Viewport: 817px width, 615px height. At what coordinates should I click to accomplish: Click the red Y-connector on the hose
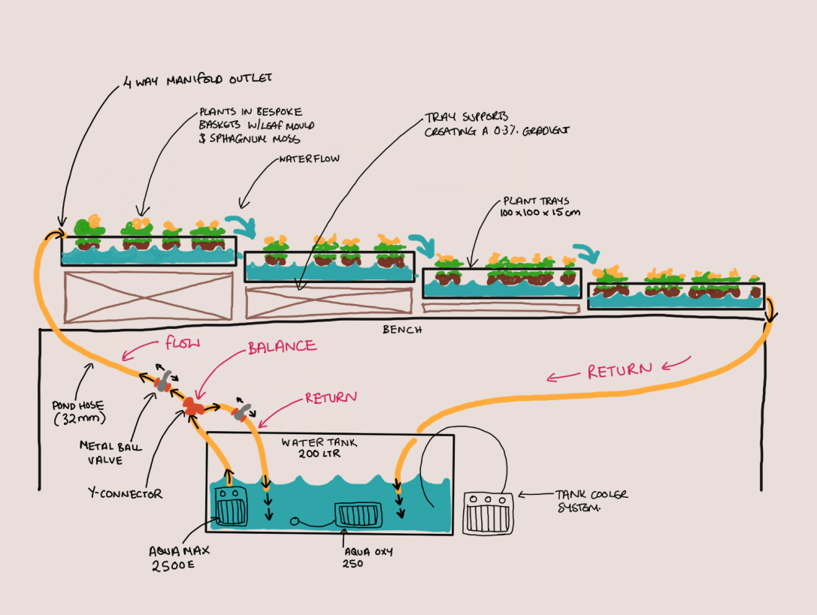(194, 406)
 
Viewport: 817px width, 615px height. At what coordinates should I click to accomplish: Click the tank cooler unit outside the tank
(489, 514)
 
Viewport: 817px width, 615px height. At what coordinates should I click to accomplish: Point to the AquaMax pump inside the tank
(231, 506)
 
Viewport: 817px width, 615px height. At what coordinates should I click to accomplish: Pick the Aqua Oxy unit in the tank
(359, 514)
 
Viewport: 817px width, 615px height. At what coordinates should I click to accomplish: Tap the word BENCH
(402, 330)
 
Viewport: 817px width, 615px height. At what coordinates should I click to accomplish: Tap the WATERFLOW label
(309, 160)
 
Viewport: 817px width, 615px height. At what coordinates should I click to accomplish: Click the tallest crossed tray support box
(149, 297)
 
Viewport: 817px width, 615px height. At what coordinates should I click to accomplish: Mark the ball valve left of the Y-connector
(161, 381)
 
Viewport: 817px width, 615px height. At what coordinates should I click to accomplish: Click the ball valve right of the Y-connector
(241, 412)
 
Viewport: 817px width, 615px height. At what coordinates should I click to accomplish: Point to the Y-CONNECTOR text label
(124, 494)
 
